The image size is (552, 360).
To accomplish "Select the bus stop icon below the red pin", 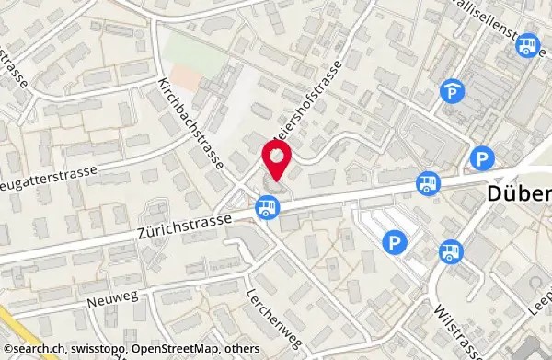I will pyautogui.click(x=267, y=206).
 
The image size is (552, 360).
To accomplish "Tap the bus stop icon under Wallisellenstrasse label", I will pyautogui.click(x=528, y=44).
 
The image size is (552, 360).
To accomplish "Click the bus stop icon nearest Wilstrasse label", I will pyautogui.click(x=450, y=250).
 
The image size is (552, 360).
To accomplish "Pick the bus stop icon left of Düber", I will pyautogui.click(x=425, y=184).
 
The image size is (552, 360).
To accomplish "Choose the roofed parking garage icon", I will pyautogui.click(x=451, y=91).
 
